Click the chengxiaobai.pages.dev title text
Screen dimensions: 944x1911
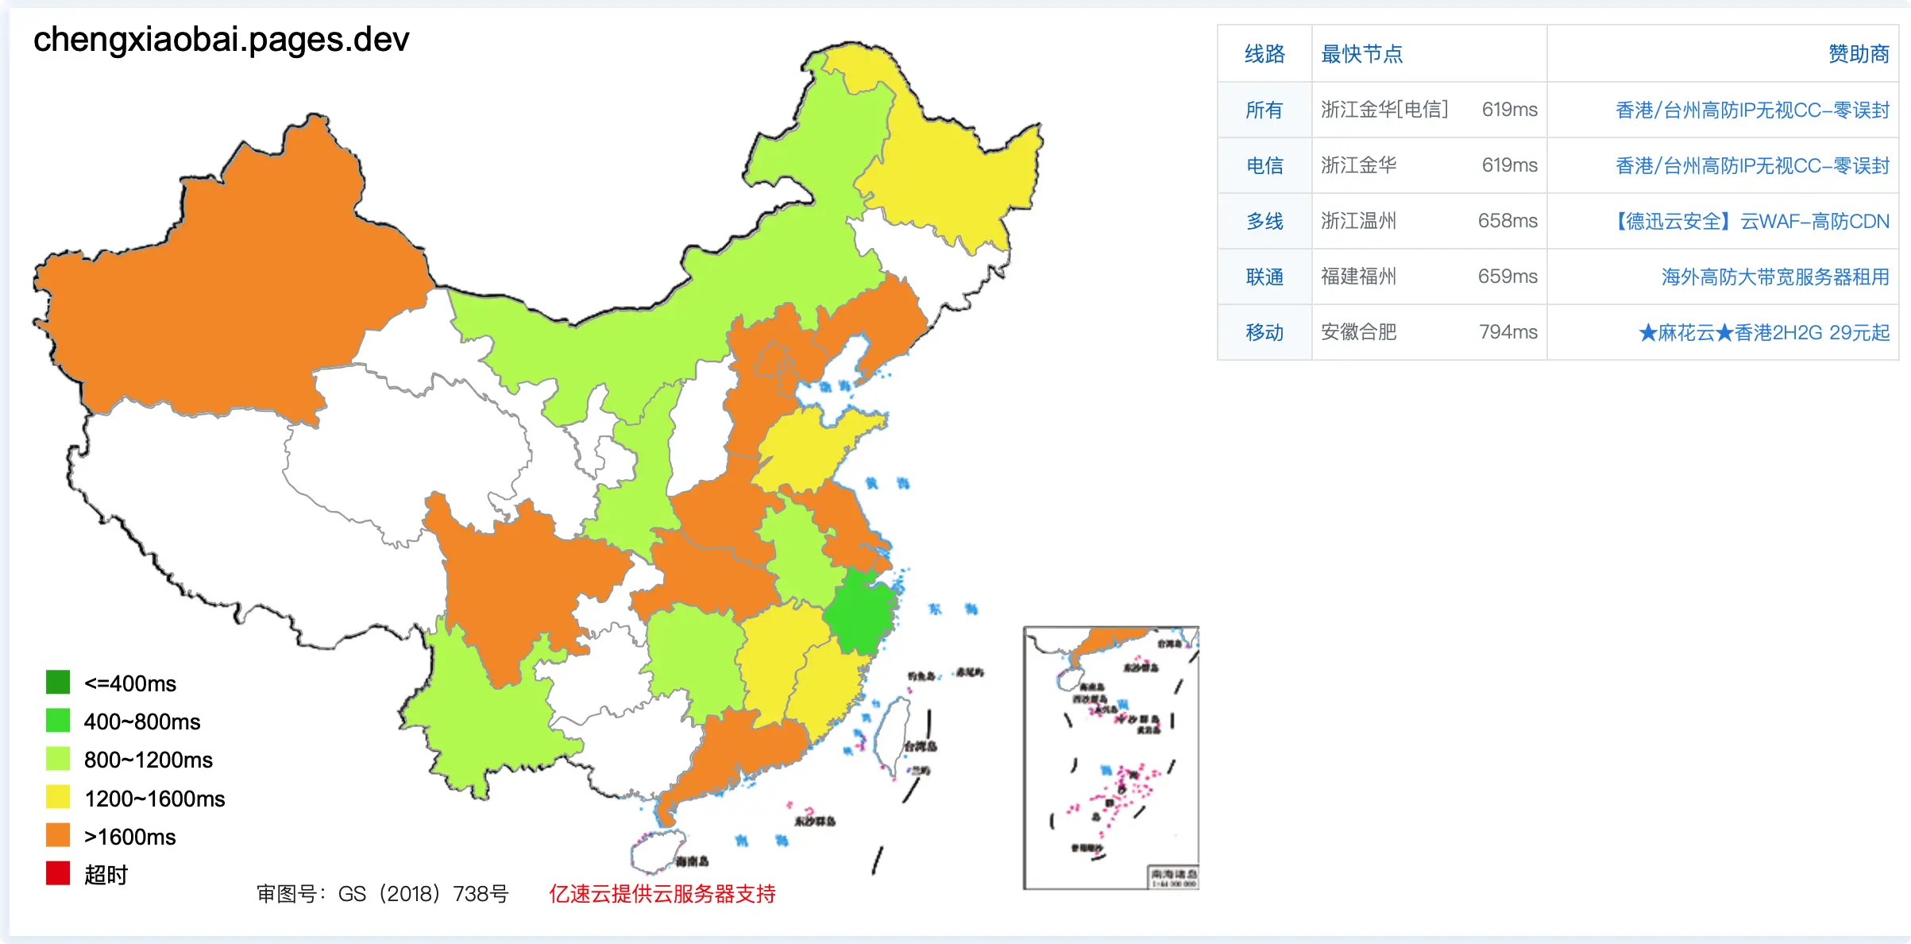point(221,39)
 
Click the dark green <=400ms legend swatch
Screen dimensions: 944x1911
point(58,682)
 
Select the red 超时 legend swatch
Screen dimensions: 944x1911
point(58,873)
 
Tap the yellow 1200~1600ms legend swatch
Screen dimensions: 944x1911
point(58,797)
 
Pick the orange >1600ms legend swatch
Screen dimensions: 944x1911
point(58,835)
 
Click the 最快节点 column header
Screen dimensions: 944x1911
point(1361,54)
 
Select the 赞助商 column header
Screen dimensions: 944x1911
point(1858,54)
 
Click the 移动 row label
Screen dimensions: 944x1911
point(1264,332)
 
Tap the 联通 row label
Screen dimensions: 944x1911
point(1264,277)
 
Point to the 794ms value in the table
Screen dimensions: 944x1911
point(1508,332)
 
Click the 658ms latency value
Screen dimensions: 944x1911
point(1508,221)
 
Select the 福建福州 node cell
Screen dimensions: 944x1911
point(1358,277)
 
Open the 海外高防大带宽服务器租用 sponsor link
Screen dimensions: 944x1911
point(1774,277)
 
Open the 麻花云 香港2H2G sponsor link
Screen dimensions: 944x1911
point(1763,332)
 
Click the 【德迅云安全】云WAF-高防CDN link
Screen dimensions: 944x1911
point(1752,221)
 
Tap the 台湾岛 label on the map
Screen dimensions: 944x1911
point(921,746)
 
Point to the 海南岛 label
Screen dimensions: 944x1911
point(693,861)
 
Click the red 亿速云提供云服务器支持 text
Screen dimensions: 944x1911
point(662,894)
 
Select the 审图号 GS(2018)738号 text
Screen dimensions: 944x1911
point(382,894)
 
